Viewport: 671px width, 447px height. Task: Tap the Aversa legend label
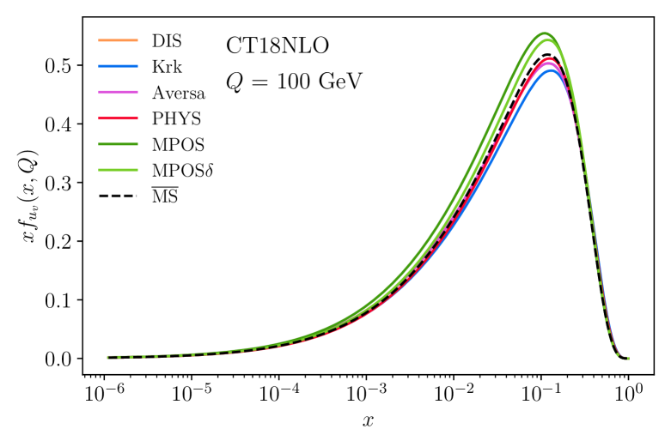(178, 92)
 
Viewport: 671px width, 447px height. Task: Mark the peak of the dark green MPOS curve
(544, 33)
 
